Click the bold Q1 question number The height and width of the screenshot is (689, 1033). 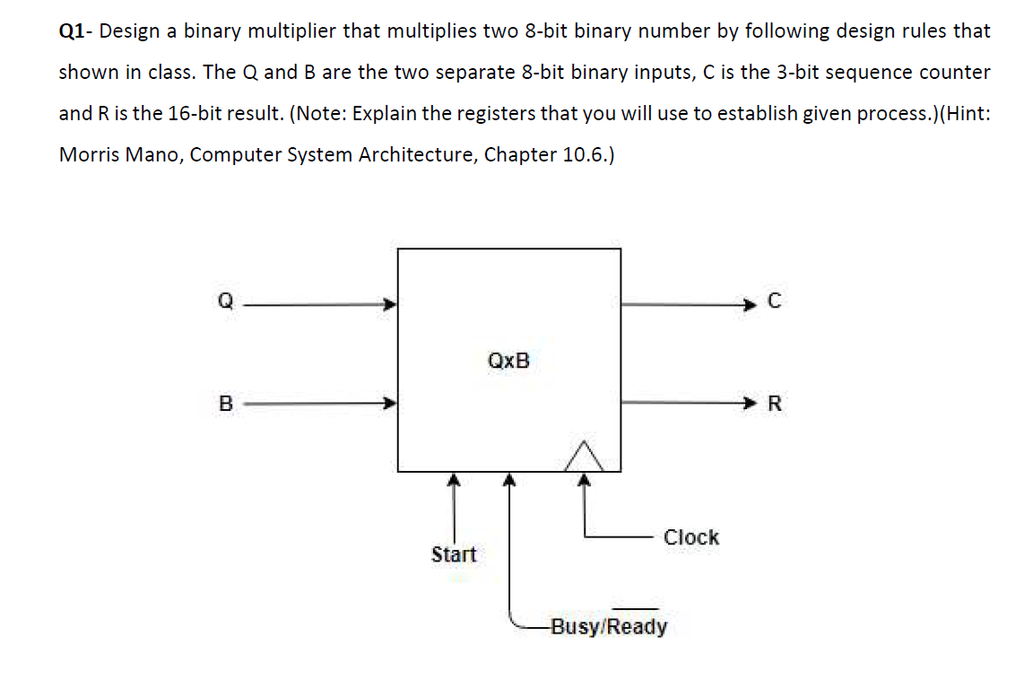(74, 31)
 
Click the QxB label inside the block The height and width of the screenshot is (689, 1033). (508, 361)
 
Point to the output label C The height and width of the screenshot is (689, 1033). (776, 304)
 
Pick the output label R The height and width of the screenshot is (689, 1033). (776, 404)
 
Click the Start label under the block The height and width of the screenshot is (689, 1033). (454, 554)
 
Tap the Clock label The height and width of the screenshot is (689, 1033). (690, 537)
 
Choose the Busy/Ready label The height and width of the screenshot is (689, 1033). (609, 625)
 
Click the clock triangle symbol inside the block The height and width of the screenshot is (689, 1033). (585, 458)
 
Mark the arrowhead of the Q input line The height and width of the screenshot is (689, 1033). (390, 304)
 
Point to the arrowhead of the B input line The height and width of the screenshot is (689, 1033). (390, 404)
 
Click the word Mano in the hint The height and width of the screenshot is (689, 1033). (155, 154)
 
